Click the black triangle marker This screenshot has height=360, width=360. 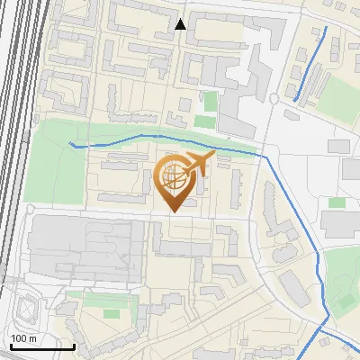click(x=181, y=24)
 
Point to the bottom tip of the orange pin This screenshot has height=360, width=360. click(x=173, y=212)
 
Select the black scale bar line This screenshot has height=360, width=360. click(x=41, y=346)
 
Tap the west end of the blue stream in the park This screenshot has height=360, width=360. click(x=71, y=143)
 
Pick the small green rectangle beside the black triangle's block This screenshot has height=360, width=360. click(x=210, y=101)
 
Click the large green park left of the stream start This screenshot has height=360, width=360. click(x=54, y=171)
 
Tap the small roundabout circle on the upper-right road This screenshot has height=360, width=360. click(x=274, y=98)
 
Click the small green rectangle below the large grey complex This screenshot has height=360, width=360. click(x=112, y=313)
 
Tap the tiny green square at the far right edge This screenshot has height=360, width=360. click(x=337, y=202)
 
